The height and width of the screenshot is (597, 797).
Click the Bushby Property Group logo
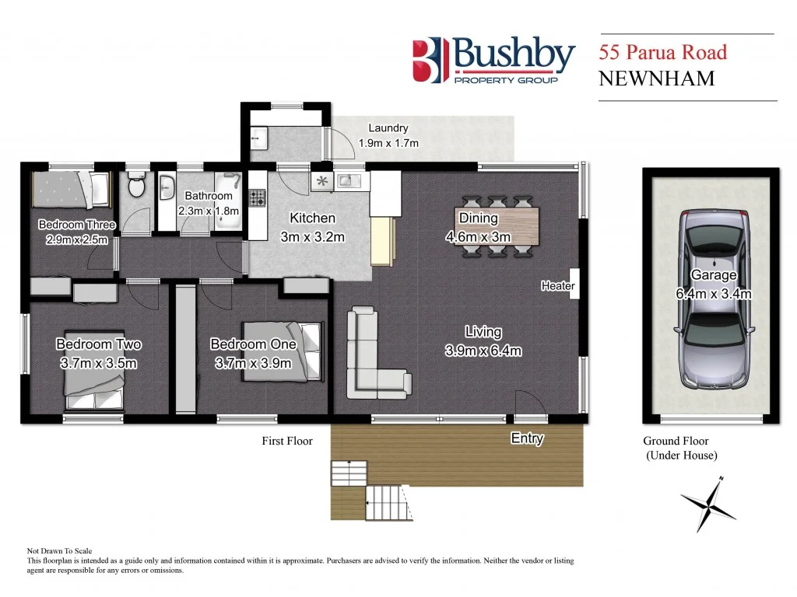(x=493, y=61)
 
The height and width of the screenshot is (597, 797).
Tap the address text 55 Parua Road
(x=662, y=53)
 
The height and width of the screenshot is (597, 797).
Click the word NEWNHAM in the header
(x=656, y=79)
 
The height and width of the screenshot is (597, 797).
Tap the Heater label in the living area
(x=558, y=286)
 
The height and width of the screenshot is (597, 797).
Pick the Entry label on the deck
(x=527, y=438)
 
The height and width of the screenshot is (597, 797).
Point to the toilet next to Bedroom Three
(x=137, y=186)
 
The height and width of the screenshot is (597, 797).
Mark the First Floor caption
(x=286, y=441)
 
